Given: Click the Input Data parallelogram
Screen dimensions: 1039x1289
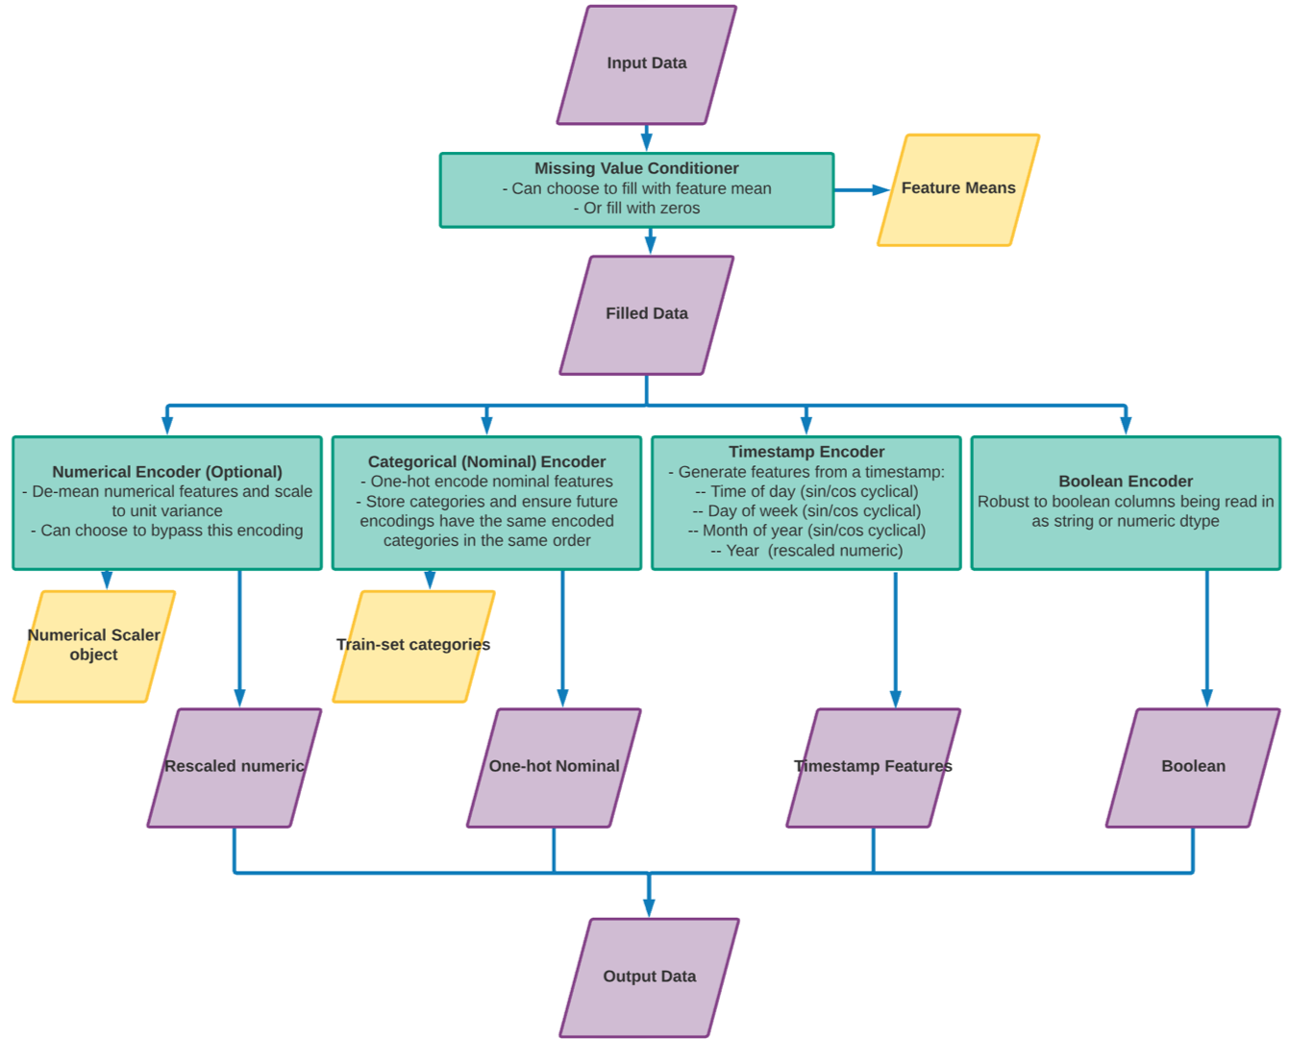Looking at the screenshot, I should (646, 63).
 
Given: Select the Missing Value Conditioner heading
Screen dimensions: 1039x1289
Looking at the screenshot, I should (636, 168).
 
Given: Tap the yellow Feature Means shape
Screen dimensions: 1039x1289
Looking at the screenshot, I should (958, 188).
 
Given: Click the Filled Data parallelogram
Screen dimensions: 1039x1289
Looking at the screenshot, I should (646, 313).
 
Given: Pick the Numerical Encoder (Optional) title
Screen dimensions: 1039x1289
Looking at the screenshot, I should (167, 472).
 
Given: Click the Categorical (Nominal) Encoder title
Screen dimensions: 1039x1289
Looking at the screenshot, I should (486, 461).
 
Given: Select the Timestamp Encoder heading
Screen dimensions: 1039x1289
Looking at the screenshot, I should (806, 452).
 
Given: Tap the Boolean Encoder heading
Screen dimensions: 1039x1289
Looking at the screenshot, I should (1126, 482).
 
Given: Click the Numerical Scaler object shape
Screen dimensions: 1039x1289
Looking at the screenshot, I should (93, 645).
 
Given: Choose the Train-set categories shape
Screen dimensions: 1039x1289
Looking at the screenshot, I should (413, 645).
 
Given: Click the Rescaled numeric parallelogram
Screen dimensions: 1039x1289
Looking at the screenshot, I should (234, 766).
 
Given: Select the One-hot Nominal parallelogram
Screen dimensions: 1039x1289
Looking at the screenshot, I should (554, 766).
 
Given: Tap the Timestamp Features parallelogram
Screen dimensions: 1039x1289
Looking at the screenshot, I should (873, 766).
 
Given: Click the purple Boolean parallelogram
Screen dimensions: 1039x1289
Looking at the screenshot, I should (1193, 766).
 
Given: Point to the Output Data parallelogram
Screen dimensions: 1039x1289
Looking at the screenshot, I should (650, 977).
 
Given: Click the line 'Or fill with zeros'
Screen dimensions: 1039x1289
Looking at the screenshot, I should (641, 209).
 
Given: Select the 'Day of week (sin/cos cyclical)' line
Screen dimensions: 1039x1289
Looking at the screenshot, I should (806, 511).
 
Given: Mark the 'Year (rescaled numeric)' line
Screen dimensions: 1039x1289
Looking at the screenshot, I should (806, 551).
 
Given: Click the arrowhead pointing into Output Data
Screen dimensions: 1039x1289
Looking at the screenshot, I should (650, 907).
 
